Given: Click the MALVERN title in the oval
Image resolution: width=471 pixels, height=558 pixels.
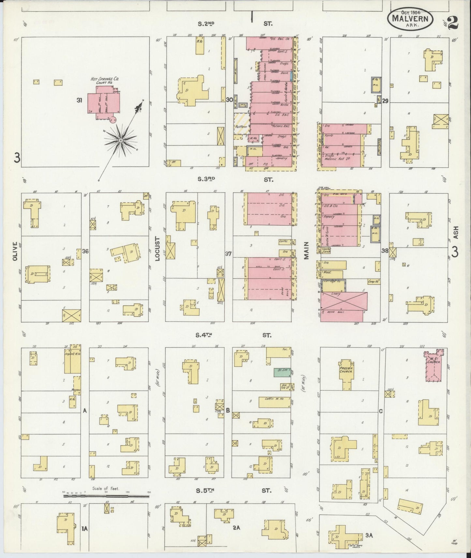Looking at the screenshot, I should tap(410, 19).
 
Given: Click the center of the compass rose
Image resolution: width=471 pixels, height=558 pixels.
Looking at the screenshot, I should tap(120, 140).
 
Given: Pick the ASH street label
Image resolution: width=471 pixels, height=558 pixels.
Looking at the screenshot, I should tap(456, 232).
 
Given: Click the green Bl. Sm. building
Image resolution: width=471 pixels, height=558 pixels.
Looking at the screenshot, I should tap(282, 372).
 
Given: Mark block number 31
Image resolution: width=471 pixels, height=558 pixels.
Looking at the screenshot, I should tap(79, 100).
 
